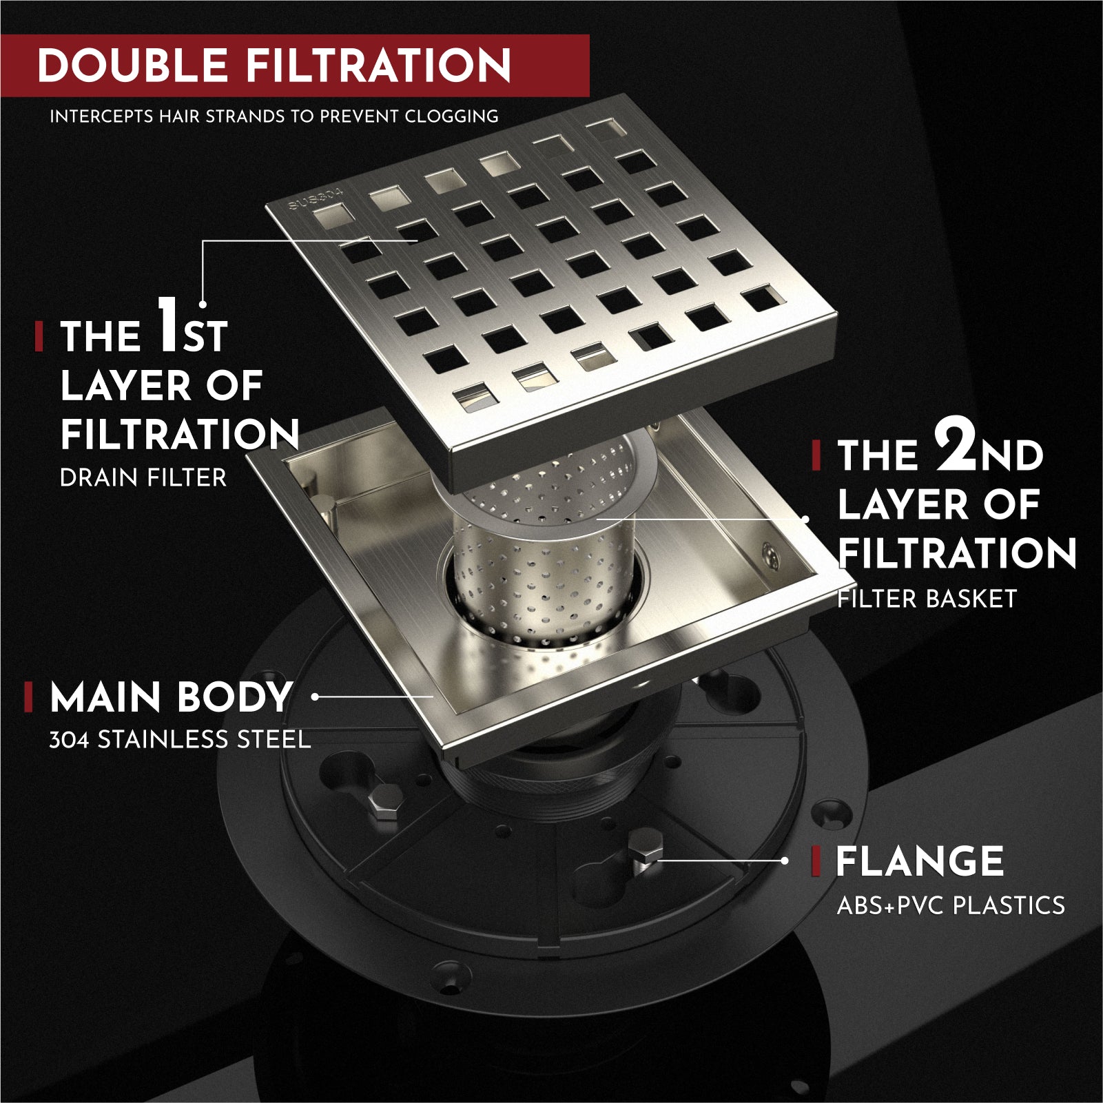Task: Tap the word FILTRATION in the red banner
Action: [378, 65]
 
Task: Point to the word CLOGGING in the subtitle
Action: [451, 116]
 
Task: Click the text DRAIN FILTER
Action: [143, 477]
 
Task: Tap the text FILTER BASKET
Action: [927, 599]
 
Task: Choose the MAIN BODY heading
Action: [171, 697]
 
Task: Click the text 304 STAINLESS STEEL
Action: [179, 740]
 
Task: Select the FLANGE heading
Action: [919, 861]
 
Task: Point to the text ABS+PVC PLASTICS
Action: [951, 905]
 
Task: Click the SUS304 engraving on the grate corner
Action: [316, 199]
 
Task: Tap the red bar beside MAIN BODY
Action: [28, 697]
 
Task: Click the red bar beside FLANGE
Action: [816, 861]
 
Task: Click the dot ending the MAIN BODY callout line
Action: [315, 697]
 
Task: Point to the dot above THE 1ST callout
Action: [203, 304]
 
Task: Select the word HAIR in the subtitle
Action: [181, 116]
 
